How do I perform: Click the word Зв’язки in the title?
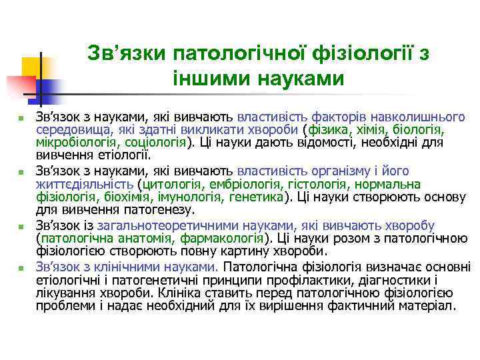(x=126, y=53)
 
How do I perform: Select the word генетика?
(x=256, y=196)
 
